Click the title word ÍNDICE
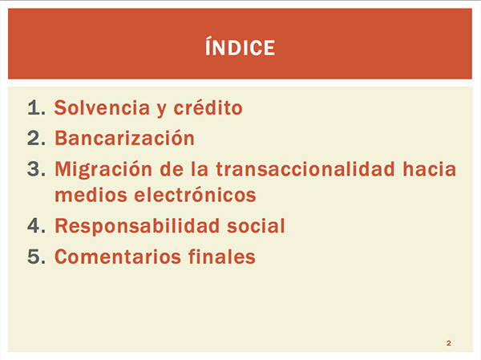[x=240, y=47]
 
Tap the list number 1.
[x=37, y=107]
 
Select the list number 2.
[x=37, y=138]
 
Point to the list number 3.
[x=37, y=169]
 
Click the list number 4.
[x=37, y=225]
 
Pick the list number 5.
[x=37, y=257]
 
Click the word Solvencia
[x=102, y=107]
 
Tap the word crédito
[x=208, y=107]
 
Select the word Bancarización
[x=124, y=138]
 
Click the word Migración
[x=103, y=169]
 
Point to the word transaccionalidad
[x=305, y=169]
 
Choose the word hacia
[x=430, y=169]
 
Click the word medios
[x=91, y=195]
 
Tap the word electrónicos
[x=195, y=195]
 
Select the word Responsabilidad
[x=137, y=226]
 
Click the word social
[x=256, y=225]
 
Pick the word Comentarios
[x=118, y=257]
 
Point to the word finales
[x=222, y=257]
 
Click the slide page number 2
[x=449, y=343]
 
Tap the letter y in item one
[x=162, y=111]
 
